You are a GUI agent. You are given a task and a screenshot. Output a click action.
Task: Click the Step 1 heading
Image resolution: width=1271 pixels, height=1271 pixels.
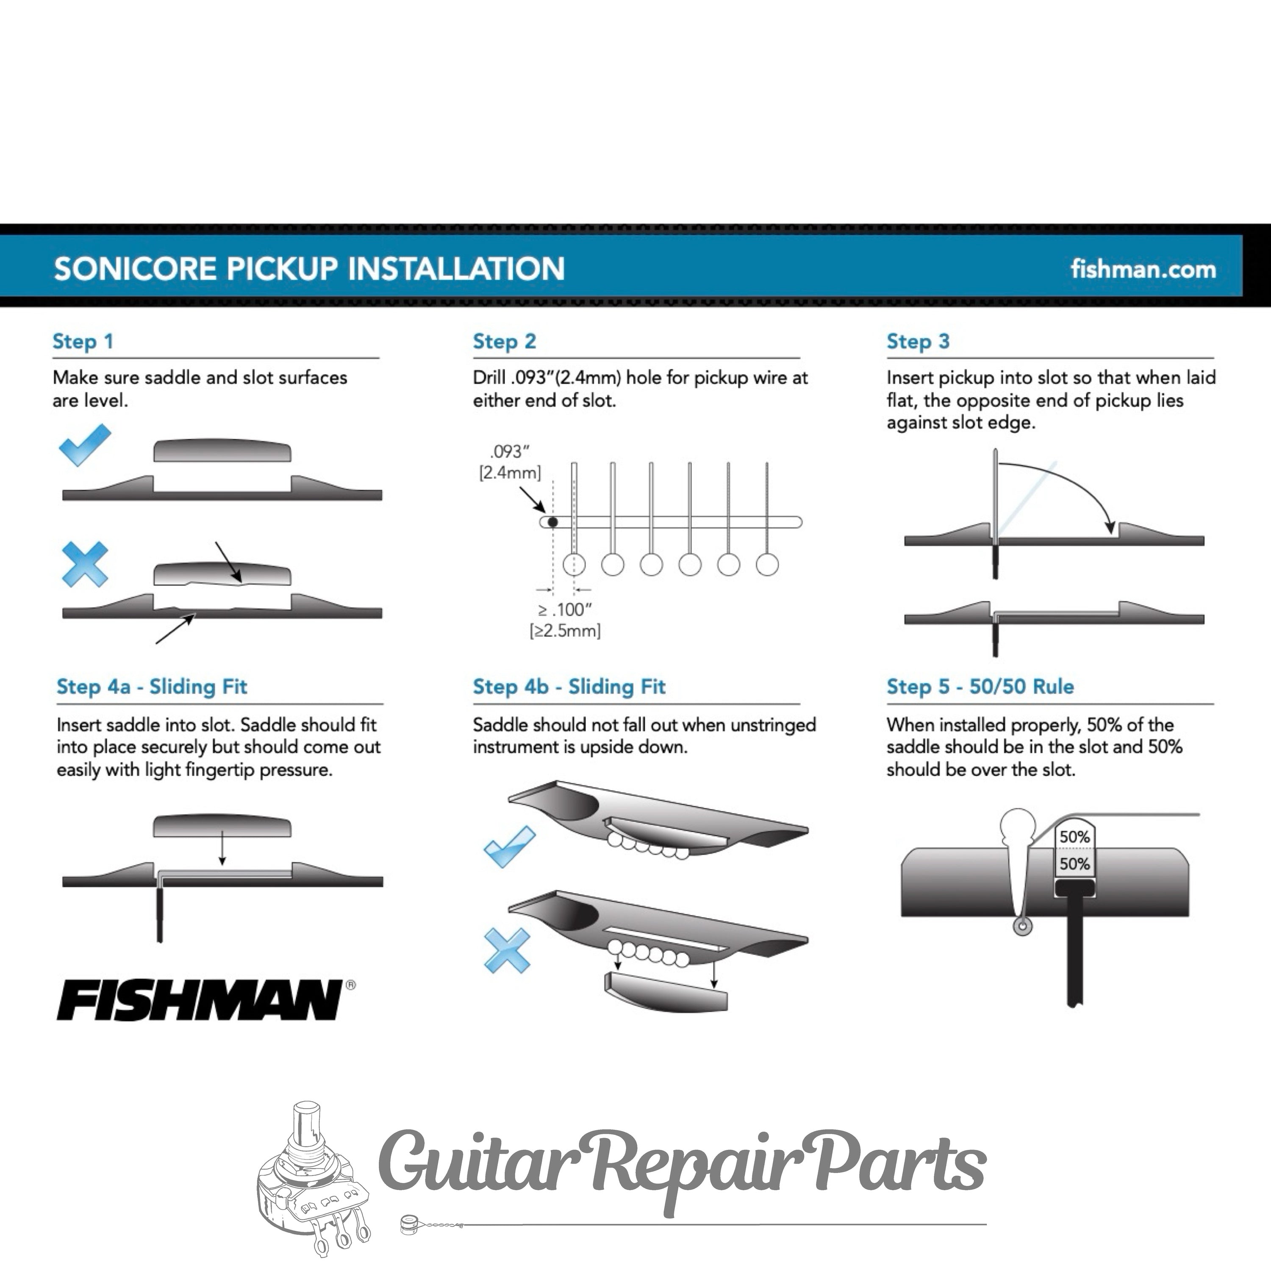pyautogui.click(x=83, y=341)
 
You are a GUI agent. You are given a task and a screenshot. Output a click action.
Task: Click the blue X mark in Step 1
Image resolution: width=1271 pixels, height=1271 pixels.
pyautogui.click(x=85, y=564)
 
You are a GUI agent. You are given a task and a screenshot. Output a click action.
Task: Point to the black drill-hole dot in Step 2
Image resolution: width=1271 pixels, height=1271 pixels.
pyautogui.click(x=552, y=522)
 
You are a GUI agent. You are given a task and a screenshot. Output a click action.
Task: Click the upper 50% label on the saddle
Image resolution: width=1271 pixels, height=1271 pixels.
pyautogui.click(x=1075, y=837)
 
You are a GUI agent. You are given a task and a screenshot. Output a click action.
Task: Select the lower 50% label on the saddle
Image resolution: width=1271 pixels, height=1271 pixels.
pyautogui.click(x=1075, y=864)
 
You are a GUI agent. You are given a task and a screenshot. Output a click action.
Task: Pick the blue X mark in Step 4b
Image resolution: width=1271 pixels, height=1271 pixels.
pyautogui.click(x=507, y=950)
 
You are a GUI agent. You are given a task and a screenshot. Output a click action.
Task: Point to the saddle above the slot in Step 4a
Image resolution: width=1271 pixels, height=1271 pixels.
pyautogui.click(x=222, y=826)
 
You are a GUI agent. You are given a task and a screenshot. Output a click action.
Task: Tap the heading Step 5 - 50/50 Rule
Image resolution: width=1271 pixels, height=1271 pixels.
pyautogui.click(x=980, y=687)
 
